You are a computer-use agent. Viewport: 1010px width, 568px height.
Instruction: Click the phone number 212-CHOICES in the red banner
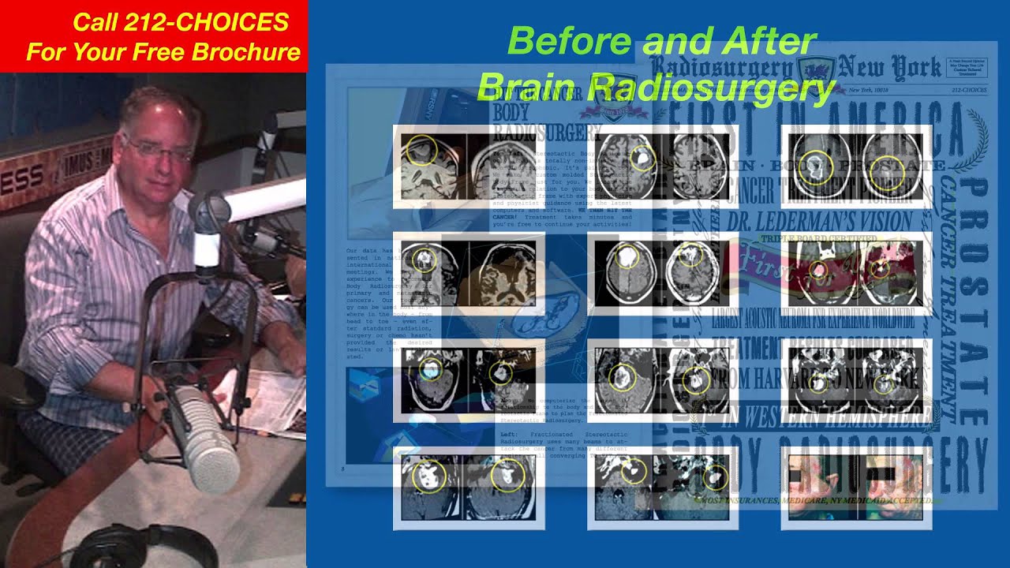pyautogui.click(x=181, y=23)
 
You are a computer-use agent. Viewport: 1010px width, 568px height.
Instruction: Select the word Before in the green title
pyautogui.click(x=559, y=41)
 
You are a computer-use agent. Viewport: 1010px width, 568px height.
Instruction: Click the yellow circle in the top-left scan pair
pyautogui.click(x=422, y=151)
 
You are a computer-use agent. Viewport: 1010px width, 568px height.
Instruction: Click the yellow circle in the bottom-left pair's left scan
pyautogui.click(x=429, y=476)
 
